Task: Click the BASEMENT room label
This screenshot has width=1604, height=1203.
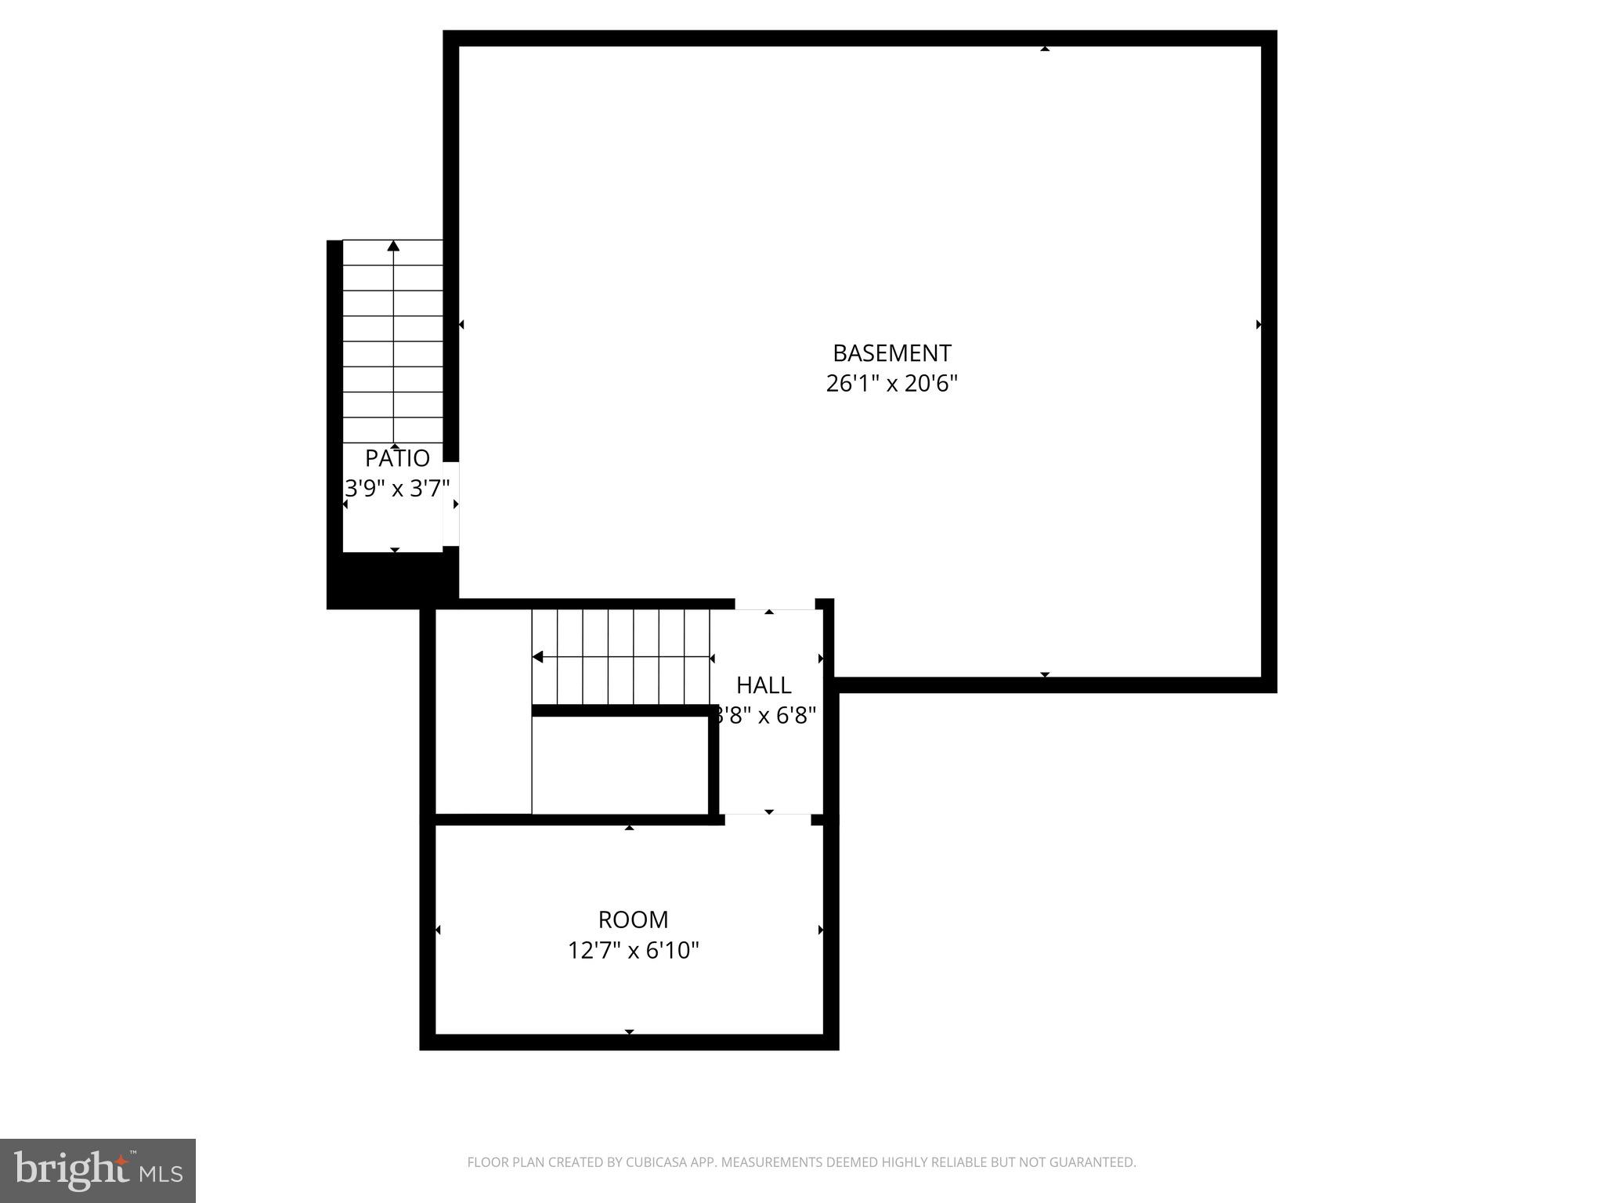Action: click(x=891, y=353)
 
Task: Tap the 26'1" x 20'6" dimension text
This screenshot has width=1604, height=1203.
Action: click(x=891, y=384)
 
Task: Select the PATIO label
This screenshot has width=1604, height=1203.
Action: click(x=397, y=458)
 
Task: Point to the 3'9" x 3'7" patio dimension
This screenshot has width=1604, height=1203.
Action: click(x=397, y=489)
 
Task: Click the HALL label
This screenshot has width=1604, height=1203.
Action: click(x=764, y=685)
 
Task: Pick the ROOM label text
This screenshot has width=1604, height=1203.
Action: click(x=633, y=919)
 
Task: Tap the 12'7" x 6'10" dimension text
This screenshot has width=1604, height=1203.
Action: click(x=633, y=951)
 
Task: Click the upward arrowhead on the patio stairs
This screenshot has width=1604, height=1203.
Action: click(x=393, y=247)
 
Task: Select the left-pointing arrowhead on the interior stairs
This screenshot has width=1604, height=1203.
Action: click(x=537, y=657)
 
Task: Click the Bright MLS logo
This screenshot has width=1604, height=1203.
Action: click(x=98, y=1170)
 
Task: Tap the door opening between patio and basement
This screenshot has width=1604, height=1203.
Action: click(x=451, y=504)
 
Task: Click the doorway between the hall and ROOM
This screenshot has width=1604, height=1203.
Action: click(x=768, y=819)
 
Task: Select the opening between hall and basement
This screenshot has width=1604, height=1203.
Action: click(x=775, y=605)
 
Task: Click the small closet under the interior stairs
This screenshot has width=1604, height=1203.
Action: click(x=620, y=765)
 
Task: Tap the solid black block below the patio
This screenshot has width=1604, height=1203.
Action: click(x=392, y=580)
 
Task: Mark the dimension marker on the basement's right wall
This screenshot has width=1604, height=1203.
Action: click(x=1259, y=324)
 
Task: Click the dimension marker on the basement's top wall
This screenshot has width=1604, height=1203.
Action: click(x=1044, y=49)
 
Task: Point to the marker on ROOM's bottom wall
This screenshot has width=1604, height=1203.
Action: click(x=629, y=1031)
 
